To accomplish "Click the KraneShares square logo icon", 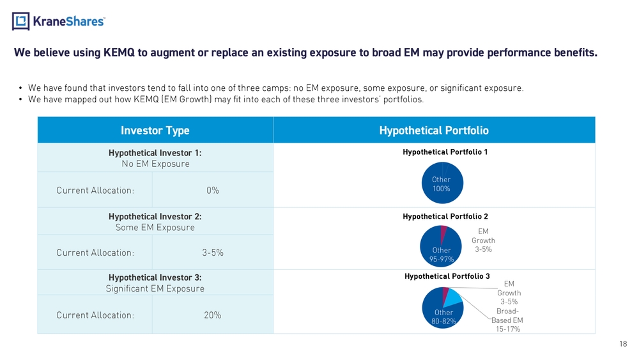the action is pos(21,21).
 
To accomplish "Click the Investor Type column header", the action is pos(155,130).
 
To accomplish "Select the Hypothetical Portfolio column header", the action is pos(434,130).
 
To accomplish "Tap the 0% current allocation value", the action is pos(213,191).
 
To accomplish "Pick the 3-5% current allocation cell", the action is pos(213,253).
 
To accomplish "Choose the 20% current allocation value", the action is pos(213,315).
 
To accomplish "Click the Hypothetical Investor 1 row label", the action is pos(155,153).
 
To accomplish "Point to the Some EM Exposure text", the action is pos(155,228).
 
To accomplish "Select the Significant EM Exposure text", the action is pos(155,288).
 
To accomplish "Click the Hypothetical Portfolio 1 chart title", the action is pos(445,152).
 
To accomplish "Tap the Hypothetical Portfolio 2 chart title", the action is pos(445,217).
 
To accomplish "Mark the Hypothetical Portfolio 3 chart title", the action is pos(447,276).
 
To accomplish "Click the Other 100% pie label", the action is pos(442,184).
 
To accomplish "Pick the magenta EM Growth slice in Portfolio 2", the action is pos(443,233).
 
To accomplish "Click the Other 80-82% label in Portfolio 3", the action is pos(444,317).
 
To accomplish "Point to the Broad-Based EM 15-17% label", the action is pos(507,320).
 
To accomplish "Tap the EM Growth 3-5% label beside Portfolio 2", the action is pos(483,240).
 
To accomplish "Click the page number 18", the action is pos(623,343).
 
